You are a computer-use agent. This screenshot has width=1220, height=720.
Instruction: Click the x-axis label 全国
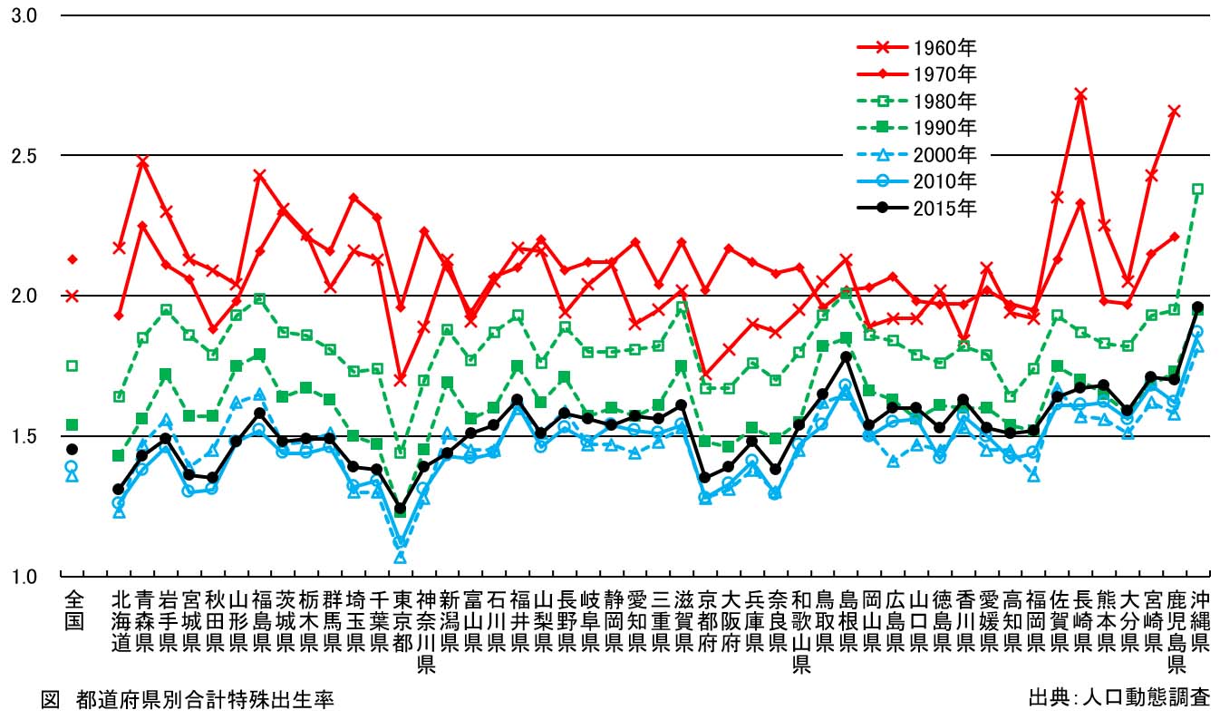tap(73, 610)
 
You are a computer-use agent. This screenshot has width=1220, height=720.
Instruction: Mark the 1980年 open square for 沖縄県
tap(1197, 190)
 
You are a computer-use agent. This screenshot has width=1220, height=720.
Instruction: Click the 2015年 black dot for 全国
tap(73, 449)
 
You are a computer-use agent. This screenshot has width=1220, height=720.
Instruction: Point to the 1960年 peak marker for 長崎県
tap(1080, 93)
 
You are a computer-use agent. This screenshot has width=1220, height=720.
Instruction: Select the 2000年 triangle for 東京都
tap(401, 558)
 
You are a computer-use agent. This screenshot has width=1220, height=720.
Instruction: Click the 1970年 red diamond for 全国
tap(73, 259)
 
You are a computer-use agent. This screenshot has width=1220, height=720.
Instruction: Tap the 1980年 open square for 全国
tap(73, 365)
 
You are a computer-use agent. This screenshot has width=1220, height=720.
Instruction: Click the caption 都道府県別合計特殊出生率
tap(206, 700)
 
